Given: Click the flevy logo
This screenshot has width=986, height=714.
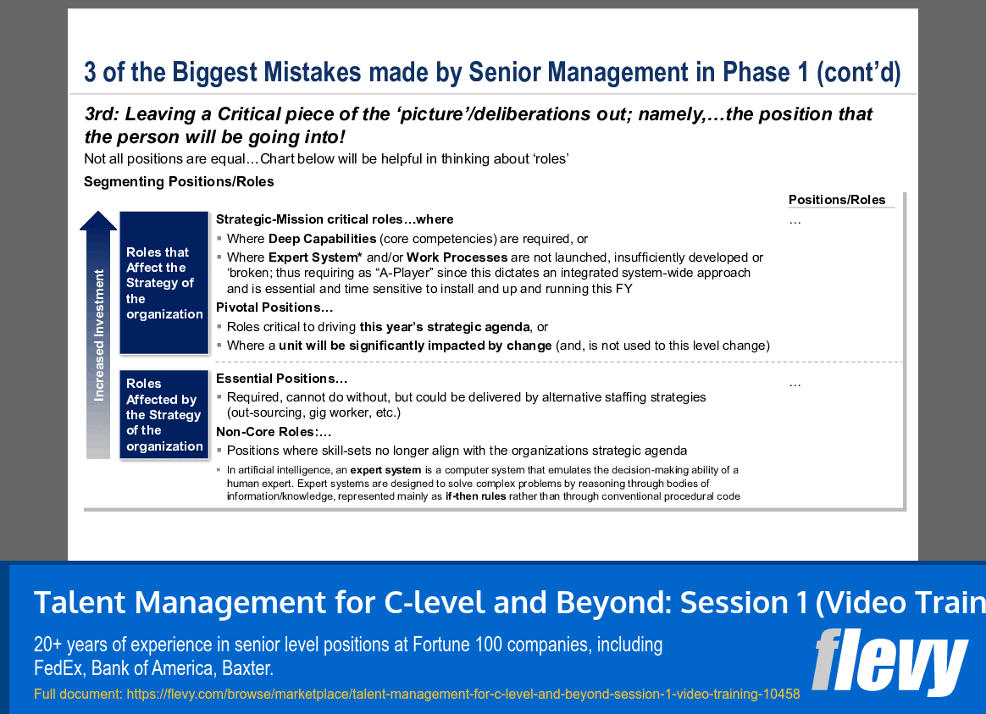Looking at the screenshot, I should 889,661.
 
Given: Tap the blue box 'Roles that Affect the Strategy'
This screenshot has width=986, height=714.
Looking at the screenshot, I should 164,283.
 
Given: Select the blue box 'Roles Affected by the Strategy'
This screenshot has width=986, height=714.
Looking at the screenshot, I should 164,415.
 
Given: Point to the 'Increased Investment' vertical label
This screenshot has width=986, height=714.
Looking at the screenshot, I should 99,335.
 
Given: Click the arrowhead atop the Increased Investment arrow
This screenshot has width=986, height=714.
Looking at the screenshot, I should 98,220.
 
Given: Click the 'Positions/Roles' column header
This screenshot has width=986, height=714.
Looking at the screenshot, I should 836,200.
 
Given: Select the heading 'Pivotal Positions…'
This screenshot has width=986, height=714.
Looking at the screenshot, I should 274,307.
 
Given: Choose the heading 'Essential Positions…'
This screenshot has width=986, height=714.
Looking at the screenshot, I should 281,379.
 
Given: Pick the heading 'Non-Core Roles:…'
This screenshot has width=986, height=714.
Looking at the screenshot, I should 273,431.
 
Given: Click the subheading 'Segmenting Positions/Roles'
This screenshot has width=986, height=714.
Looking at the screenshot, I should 179,181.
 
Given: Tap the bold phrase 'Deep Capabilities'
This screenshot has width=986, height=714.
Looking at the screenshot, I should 322,239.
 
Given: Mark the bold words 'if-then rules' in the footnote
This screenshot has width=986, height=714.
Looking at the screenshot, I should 475,496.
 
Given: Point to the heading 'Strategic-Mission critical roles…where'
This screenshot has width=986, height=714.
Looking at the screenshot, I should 335,219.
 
